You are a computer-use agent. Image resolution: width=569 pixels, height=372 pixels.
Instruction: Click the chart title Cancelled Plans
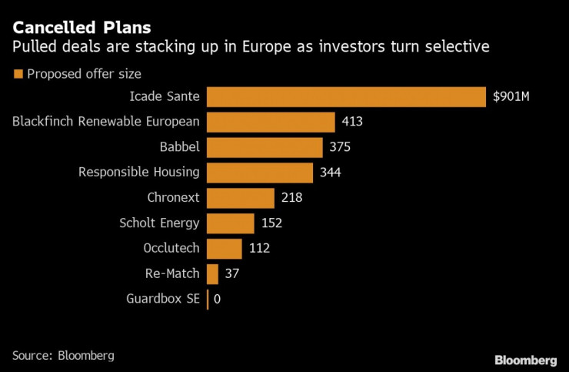click(70, 28)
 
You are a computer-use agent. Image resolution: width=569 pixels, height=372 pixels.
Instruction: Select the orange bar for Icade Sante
click(346, 97)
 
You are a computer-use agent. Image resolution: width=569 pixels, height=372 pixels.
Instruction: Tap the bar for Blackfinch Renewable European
click(271, 122)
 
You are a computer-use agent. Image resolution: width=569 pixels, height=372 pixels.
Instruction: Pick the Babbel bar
click(265, 147)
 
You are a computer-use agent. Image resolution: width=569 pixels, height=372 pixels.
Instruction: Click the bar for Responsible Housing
click(260, 172)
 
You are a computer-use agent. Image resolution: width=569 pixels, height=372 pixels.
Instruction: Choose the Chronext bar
click(241, 197)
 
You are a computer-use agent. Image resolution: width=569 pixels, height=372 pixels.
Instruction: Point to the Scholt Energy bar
click(231, 223)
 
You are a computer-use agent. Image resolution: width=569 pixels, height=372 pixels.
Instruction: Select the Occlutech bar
click(225, 248)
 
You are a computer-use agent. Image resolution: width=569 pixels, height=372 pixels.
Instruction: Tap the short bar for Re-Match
click(212, 273)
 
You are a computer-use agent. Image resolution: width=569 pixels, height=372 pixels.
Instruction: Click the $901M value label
click(511, 97)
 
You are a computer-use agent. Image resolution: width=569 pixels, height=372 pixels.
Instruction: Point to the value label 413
click(352, 122)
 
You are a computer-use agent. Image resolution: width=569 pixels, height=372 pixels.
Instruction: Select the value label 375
click(339, 147)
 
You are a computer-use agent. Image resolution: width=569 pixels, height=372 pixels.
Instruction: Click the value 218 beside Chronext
click(291, 197)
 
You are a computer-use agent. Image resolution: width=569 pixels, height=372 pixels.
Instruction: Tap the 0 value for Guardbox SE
click(218, 299)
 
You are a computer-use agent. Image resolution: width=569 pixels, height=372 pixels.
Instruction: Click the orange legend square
click(18, 74)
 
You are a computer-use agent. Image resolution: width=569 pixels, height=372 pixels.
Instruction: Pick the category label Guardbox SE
click(162, 299)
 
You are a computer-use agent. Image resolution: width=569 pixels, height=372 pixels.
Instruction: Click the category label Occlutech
click(171, 248)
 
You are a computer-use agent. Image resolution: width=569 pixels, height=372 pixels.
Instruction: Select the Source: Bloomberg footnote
click(63, 355)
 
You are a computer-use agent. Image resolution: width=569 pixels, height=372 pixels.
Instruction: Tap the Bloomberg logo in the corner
click(525, 360)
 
